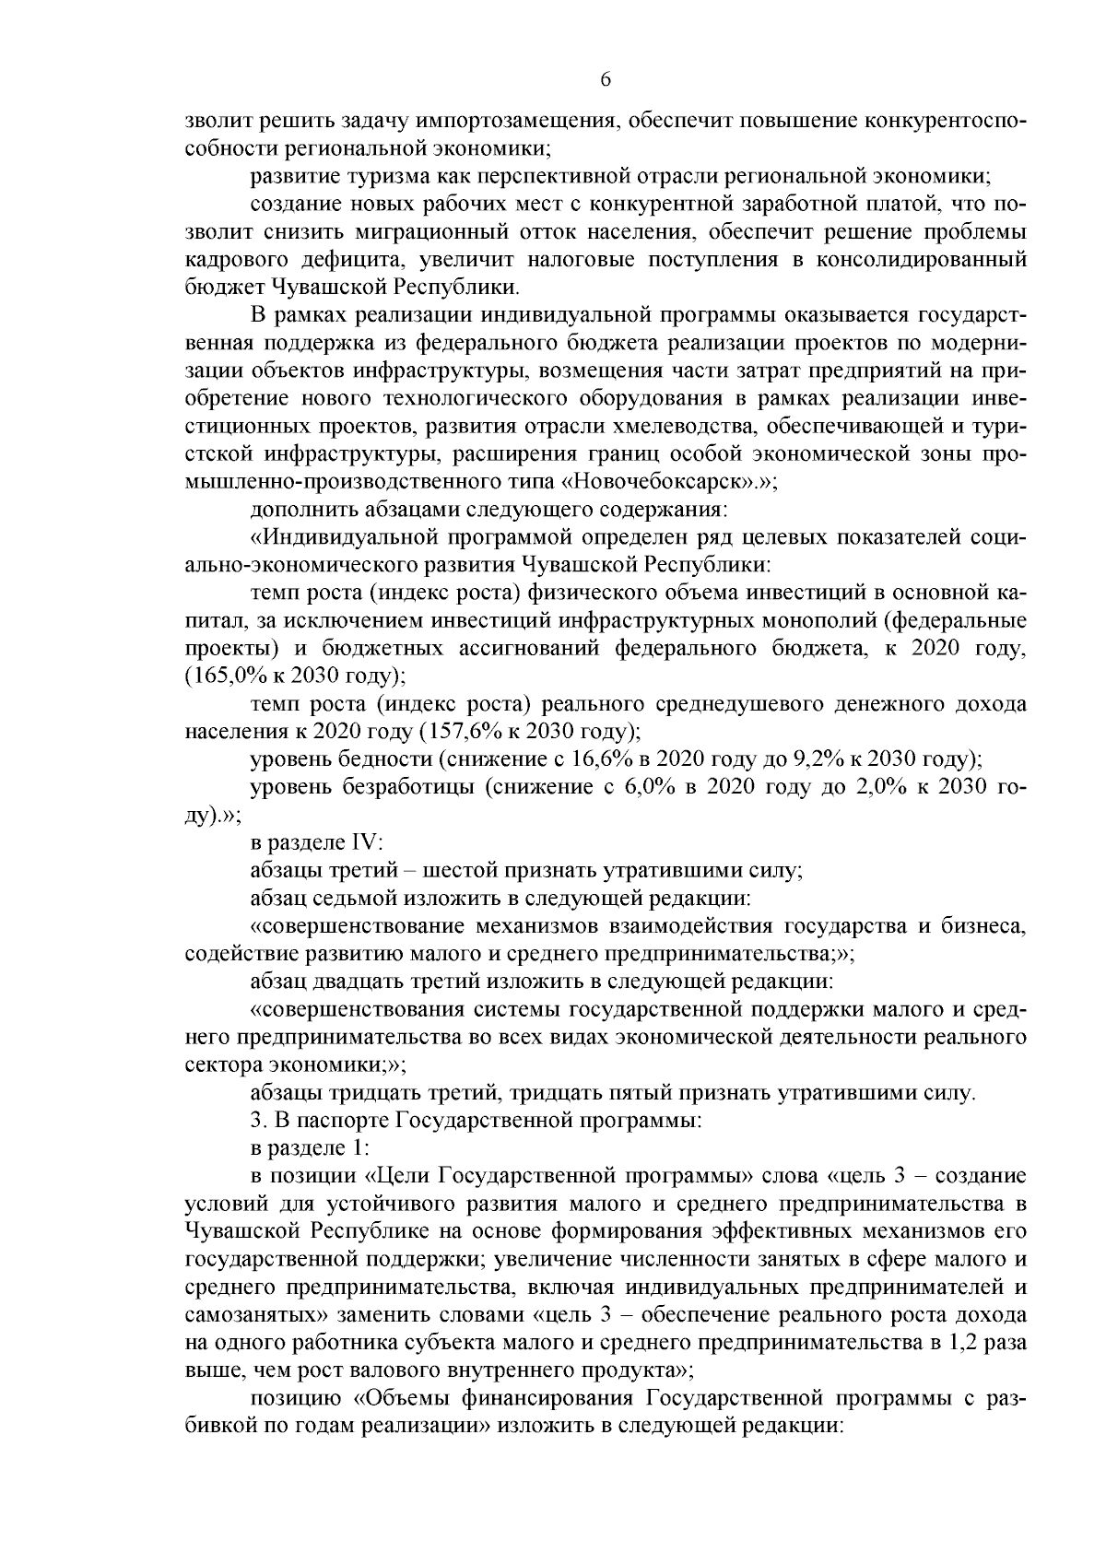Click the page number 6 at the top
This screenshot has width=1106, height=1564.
tap(606, 80)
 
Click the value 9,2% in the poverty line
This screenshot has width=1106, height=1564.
tap(818, 759)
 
